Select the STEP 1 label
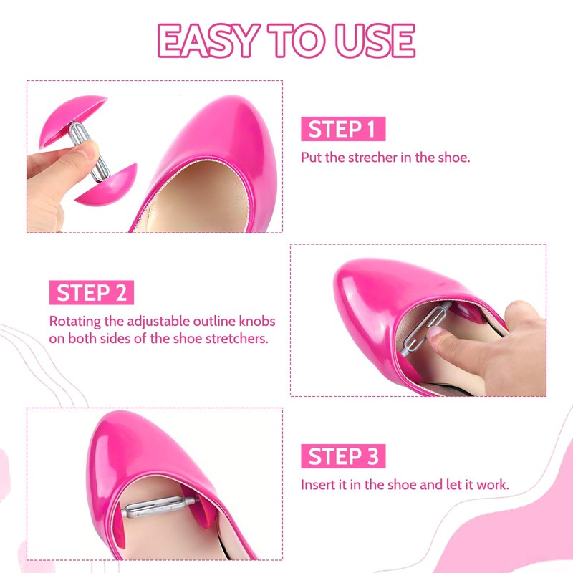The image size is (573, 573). tap(343, 130)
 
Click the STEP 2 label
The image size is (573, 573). tap(91, 293)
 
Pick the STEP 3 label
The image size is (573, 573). tap(343, 456)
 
